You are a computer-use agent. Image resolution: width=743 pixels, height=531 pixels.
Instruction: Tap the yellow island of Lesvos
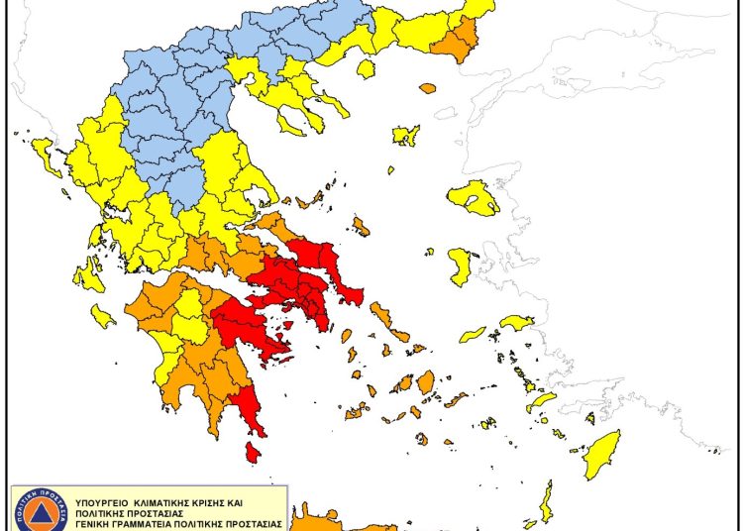click(473, 197)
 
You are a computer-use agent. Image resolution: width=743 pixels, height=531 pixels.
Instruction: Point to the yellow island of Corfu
click(45, 154)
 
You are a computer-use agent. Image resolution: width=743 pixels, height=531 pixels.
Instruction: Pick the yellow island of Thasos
click(366, 68)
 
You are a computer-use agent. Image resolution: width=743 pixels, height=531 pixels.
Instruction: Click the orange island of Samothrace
click(428, 88)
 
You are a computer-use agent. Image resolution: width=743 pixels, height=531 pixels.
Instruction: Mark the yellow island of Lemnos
click(406, 135)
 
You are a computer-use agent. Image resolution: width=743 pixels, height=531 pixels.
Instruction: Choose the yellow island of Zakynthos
click(102, 316)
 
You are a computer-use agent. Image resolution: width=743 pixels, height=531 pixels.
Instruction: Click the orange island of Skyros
click(361, 227)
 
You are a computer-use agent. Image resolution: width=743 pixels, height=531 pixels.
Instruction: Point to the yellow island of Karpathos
click(546, 503)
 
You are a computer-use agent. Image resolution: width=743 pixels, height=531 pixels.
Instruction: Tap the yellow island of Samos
click(517, 322)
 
